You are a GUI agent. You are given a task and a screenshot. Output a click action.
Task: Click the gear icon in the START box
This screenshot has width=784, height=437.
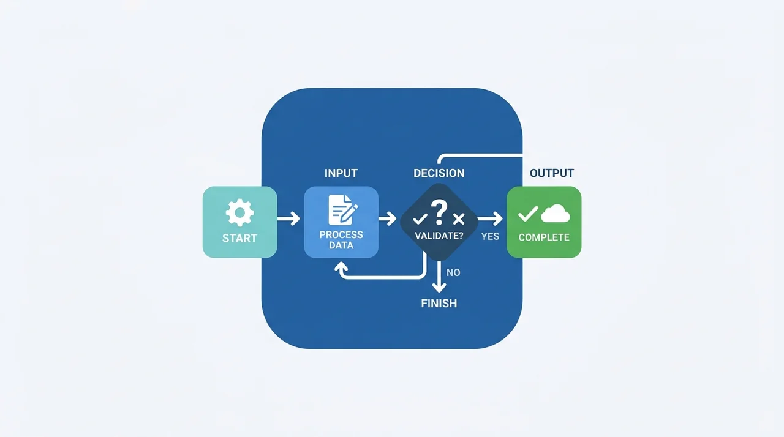239,212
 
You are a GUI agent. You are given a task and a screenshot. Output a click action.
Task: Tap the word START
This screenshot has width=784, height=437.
239,239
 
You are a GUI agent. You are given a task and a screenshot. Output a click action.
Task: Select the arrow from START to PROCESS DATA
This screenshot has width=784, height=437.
288,219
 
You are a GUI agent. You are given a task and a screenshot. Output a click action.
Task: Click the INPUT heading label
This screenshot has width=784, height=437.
341,173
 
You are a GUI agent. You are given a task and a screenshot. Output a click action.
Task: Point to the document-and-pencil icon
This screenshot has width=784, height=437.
343,210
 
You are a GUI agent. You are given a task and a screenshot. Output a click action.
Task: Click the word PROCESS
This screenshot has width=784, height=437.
341,234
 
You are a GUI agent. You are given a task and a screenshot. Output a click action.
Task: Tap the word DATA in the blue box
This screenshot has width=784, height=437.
341,245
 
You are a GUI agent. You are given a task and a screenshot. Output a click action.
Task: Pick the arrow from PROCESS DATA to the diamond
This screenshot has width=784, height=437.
388,219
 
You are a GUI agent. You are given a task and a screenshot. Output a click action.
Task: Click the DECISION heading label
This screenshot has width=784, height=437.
439,173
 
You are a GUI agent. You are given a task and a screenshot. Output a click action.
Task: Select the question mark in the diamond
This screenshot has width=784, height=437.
439,212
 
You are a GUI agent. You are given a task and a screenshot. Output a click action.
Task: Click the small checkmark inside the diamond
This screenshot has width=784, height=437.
420,219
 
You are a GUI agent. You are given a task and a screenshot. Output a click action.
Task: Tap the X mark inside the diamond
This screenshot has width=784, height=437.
459,219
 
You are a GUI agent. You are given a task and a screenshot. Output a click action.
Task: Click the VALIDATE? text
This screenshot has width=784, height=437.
439,236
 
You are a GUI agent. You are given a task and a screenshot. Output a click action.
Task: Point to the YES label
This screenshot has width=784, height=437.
490,237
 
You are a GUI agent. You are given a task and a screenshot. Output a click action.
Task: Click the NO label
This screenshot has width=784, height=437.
453,273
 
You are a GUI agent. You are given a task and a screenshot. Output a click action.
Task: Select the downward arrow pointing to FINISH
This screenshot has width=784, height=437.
439,277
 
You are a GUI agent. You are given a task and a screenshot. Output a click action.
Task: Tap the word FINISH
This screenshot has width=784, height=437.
439,304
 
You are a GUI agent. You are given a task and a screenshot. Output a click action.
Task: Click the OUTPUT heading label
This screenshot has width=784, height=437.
552,173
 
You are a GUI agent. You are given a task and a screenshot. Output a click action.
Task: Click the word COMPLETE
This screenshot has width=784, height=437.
544,237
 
